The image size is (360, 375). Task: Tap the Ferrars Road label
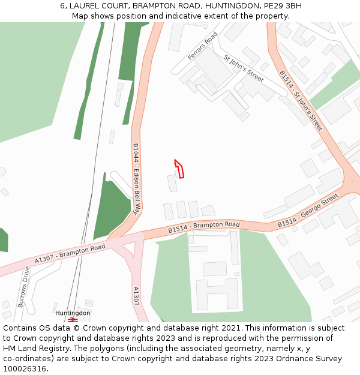click(202, 46)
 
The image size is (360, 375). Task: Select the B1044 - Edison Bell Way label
click(136, 179)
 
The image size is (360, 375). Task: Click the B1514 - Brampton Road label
click(203, 227)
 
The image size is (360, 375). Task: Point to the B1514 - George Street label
click(308, 211)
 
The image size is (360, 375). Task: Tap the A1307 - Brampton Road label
click(70, 253)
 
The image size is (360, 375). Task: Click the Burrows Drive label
click(24, 287)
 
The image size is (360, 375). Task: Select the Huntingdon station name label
click(73, 313)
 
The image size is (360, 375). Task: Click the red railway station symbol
click(73, 320)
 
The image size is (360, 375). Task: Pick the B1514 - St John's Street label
click(301, 100)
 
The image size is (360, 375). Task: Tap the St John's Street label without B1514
click(243, 68)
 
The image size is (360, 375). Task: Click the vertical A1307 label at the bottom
click(137, 296)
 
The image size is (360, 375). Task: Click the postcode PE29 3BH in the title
click(282, 6)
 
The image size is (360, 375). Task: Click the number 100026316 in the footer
click(25, 369)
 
